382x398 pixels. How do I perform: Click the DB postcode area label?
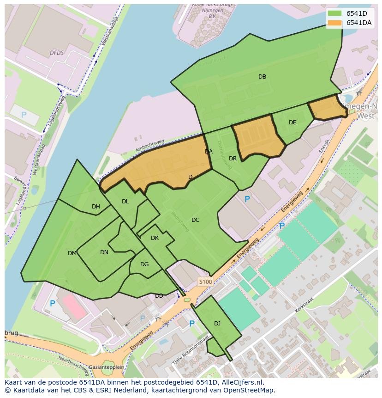click(x=262, y=77)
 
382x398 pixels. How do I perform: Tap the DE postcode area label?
click(x=292, y=122)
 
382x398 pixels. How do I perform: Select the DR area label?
click(x=233, y=159)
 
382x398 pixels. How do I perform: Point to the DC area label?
click(x=196, y=220)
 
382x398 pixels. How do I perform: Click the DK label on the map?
click(x=155, y=238)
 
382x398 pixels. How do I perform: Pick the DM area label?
click(x=72, y=253)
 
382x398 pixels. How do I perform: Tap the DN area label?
click(x=104, y=252)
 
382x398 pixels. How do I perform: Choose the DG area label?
click(x=144, y=264)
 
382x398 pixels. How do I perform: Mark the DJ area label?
click(x=217, y=324)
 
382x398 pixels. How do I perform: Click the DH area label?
click(x=96, y=207)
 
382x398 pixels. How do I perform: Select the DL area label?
click(x=125, y=202)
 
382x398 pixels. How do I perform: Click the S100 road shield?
click(x=205, y=282)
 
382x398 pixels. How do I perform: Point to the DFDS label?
click(x=57, y=53)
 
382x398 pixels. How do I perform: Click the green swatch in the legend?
click(x=334, y=13)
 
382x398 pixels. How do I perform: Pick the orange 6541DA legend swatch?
click(x=334, y=23)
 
